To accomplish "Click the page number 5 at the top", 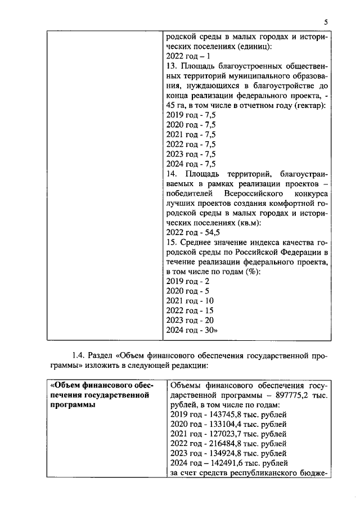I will pyautogui.click(x=326, y=21).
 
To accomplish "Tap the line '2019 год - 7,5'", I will pyautogui.click(x=191, y=118).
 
